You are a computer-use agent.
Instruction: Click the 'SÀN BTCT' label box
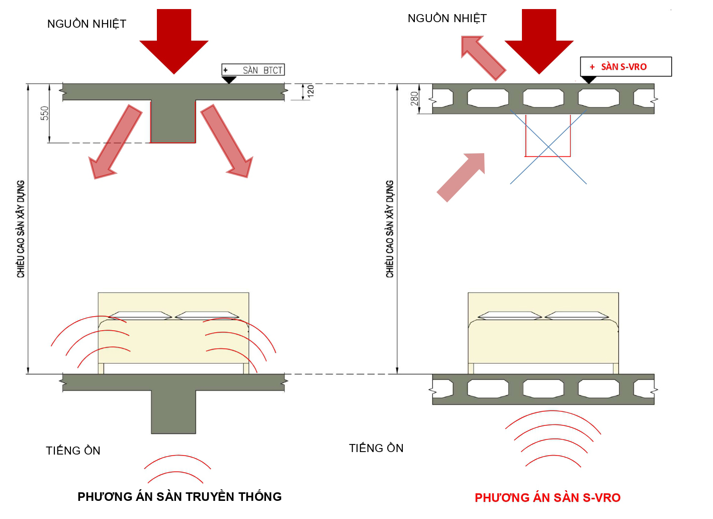point(253,70)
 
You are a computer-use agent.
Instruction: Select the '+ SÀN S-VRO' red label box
point(626,66)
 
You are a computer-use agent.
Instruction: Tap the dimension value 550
point(45,113)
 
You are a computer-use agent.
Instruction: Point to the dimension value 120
point(311,91)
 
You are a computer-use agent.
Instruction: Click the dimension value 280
point(414,98)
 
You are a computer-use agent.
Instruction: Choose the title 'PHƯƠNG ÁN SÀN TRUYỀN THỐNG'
point(180,497)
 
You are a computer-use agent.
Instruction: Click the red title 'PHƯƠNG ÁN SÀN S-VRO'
point(548,498)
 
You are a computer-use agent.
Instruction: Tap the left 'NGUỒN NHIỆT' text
point(86,24)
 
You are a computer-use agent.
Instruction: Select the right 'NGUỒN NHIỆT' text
point(447,19)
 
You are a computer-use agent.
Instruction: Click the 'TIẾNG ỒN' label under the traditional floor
point(73,451)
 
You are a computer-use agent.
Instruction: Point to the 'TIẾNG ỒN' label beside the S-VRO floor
point(376,448)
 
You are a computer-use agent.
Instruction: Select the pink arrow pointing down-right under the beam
point(227,141)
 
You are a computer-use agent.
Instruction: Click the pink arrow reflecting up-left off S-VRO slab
point(483,57)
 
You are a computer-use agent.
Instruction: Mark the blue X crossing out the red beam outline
point(548,147)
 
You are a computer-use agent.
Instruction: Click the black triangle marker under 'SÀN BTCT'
point(229,80)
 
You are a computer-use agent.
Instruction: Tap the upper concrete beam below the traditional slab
point(173,121)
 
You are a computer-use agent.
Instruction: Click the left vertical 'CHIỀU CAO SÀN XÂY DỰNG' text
point(21,229)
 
